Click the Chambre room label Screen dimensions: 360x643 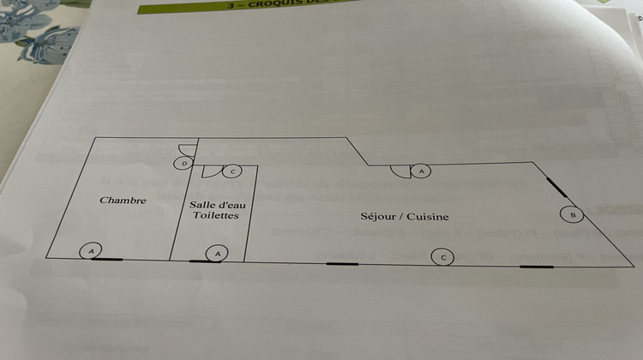[123, 201]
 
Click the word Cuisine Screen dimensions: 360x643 [429, 217]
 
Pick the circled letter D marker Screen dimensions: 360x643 [183, 162]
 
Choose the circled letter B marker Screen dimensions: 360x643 [572, 213]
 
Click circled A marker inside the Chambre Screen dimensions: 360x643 [90, 251]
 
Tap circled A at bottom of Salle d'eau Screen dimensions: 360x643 [219, 252]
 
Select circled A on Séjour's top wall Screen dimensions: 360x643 [421, 171]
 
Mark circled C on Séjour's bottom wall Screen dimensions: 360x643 [442, 256]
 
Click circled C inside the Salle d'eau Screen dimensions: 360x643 [233, 171]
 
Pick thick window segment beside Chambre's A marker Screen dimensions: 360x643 [107, 259]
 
